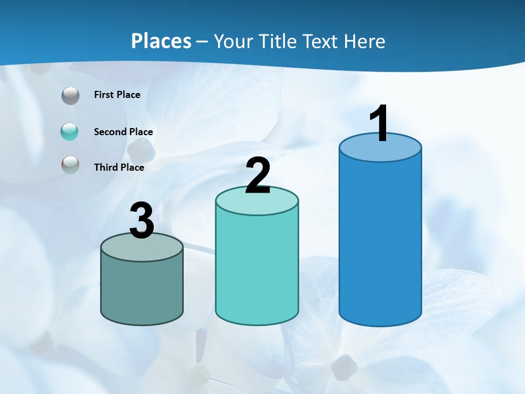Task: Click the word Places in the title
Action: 161,41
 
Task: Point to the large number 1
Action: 380,125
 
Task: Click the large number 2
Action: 258,176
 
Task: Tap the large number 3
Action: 142,221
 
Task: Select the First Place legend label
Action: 117,95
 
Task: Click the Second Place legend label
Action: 123,132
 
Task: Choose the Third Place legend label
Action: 119,167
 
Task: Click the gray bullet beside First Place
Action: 71,96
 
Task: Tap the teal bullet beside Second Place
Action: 69,132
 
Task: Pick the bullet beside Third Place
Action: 71,165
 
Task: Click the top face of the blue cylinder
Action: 380,149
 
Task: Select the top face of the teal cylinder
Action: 257,202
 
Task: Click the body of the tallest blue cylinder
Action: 380,241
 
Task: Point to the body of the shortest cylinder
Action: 142,290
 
